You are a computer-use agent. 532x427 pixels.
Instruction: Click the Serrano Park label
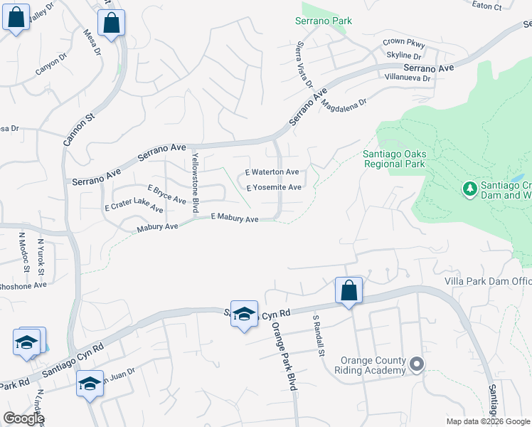coord(324,21)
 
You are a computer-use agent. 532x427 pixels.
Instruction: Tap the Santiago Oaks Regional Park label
coord(394,158)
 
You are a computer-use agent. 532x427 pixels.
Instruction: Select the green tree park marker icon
coord(469,189)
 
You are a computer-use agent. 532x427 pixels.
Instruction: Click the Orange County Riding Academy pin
coord(417,365)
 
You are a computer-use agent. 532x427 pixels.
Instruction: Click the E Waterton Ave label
coord(272,172)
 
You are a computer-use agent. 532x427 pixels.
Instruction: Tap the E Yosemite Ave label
coord(274,188)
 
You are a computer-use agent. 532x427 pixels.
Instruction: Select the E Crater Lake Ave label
coord(134,207)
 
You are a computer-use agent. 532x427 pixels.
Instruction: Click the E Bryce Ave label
coord(166,195)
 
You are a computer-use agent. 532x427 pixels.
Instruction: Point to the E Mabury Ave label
coord(234,219)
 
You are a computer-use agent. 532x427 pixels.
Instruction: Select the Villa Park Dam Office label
coord(488,282)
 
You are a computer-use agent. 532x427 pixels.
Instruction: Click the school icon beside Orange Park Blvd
coord(244,315)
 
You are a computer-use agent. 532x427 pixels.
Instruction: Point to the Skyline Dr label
coord(404,56)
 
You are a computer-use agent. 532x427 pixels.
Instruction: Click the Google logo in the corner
coord(23,419)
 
